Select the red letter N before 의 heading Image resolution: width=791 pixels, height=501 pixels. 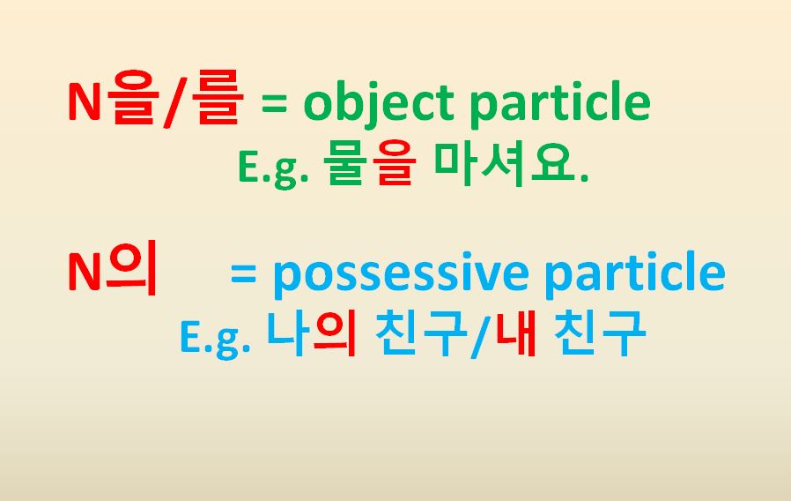[x=85, y=274]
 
